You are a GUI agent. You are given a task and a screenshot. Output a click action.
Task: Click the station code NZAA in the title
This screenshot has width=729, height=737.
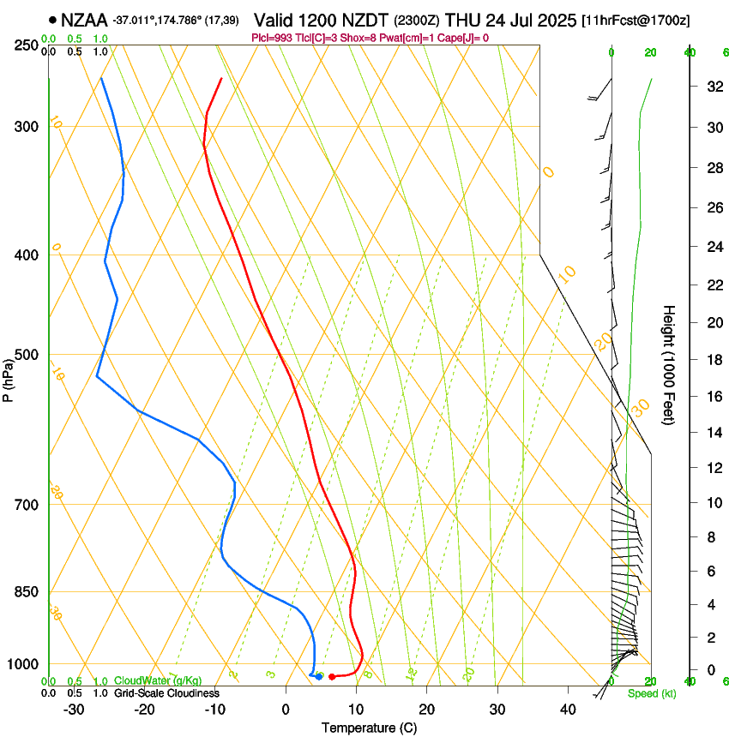point(84,19)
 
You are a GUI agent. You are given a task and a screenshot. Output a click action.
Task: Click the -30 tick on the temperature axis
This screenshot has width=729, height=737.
point(74,710)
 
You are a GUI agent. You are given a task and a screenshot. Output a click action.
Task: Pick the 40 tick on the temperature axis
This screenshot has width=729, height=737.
point(567,710)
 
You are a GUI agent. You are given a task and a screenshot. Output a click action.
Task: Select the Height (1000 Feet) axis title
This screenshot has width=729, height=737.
point(670,364)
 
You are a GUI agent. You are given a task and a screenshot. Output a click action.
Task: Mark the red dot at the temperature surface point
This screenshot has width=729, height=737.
point(332,677)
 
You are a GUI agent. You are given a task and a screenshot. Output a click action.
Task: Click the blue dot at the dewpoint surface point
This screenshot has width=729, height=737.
point(319,677)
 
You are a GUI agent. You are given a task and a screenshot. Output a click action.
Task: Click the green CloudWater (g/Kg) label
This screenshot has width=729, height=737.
point(158,681)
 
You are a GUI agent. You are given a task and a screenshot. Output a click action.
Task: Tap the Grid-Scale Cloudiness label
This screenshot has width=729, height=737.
point(166,693)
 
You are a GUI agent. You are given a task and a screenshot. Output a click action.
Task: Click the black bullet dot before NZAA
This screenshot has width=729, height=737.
point(53,19)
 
